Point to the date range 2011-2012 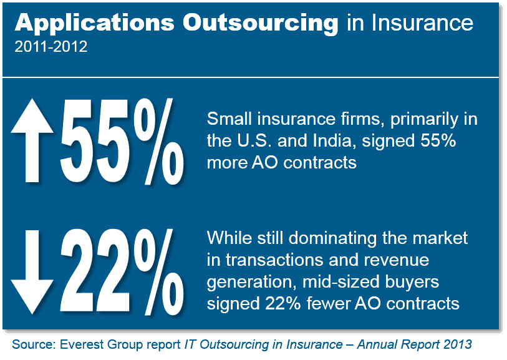coord(50,47)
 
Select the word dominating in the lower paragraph coord(324,238)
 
